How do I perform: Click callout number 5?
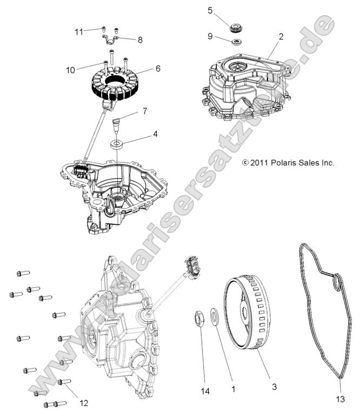coord(210,10)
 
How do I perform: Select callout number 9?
coord(210,37)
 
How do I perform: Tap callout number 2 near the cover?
coord(281,37)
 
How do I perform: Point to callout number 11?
coord(79,31)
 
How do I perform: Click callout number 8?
coord(140,39)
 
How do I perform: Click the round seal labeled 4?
coord(116,144)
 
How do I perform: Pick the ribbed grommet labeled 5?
coord(236,27)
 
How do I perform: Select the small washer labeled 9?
coord(236,42)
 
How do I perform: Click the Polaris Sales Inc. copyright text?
coord(288,162)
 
